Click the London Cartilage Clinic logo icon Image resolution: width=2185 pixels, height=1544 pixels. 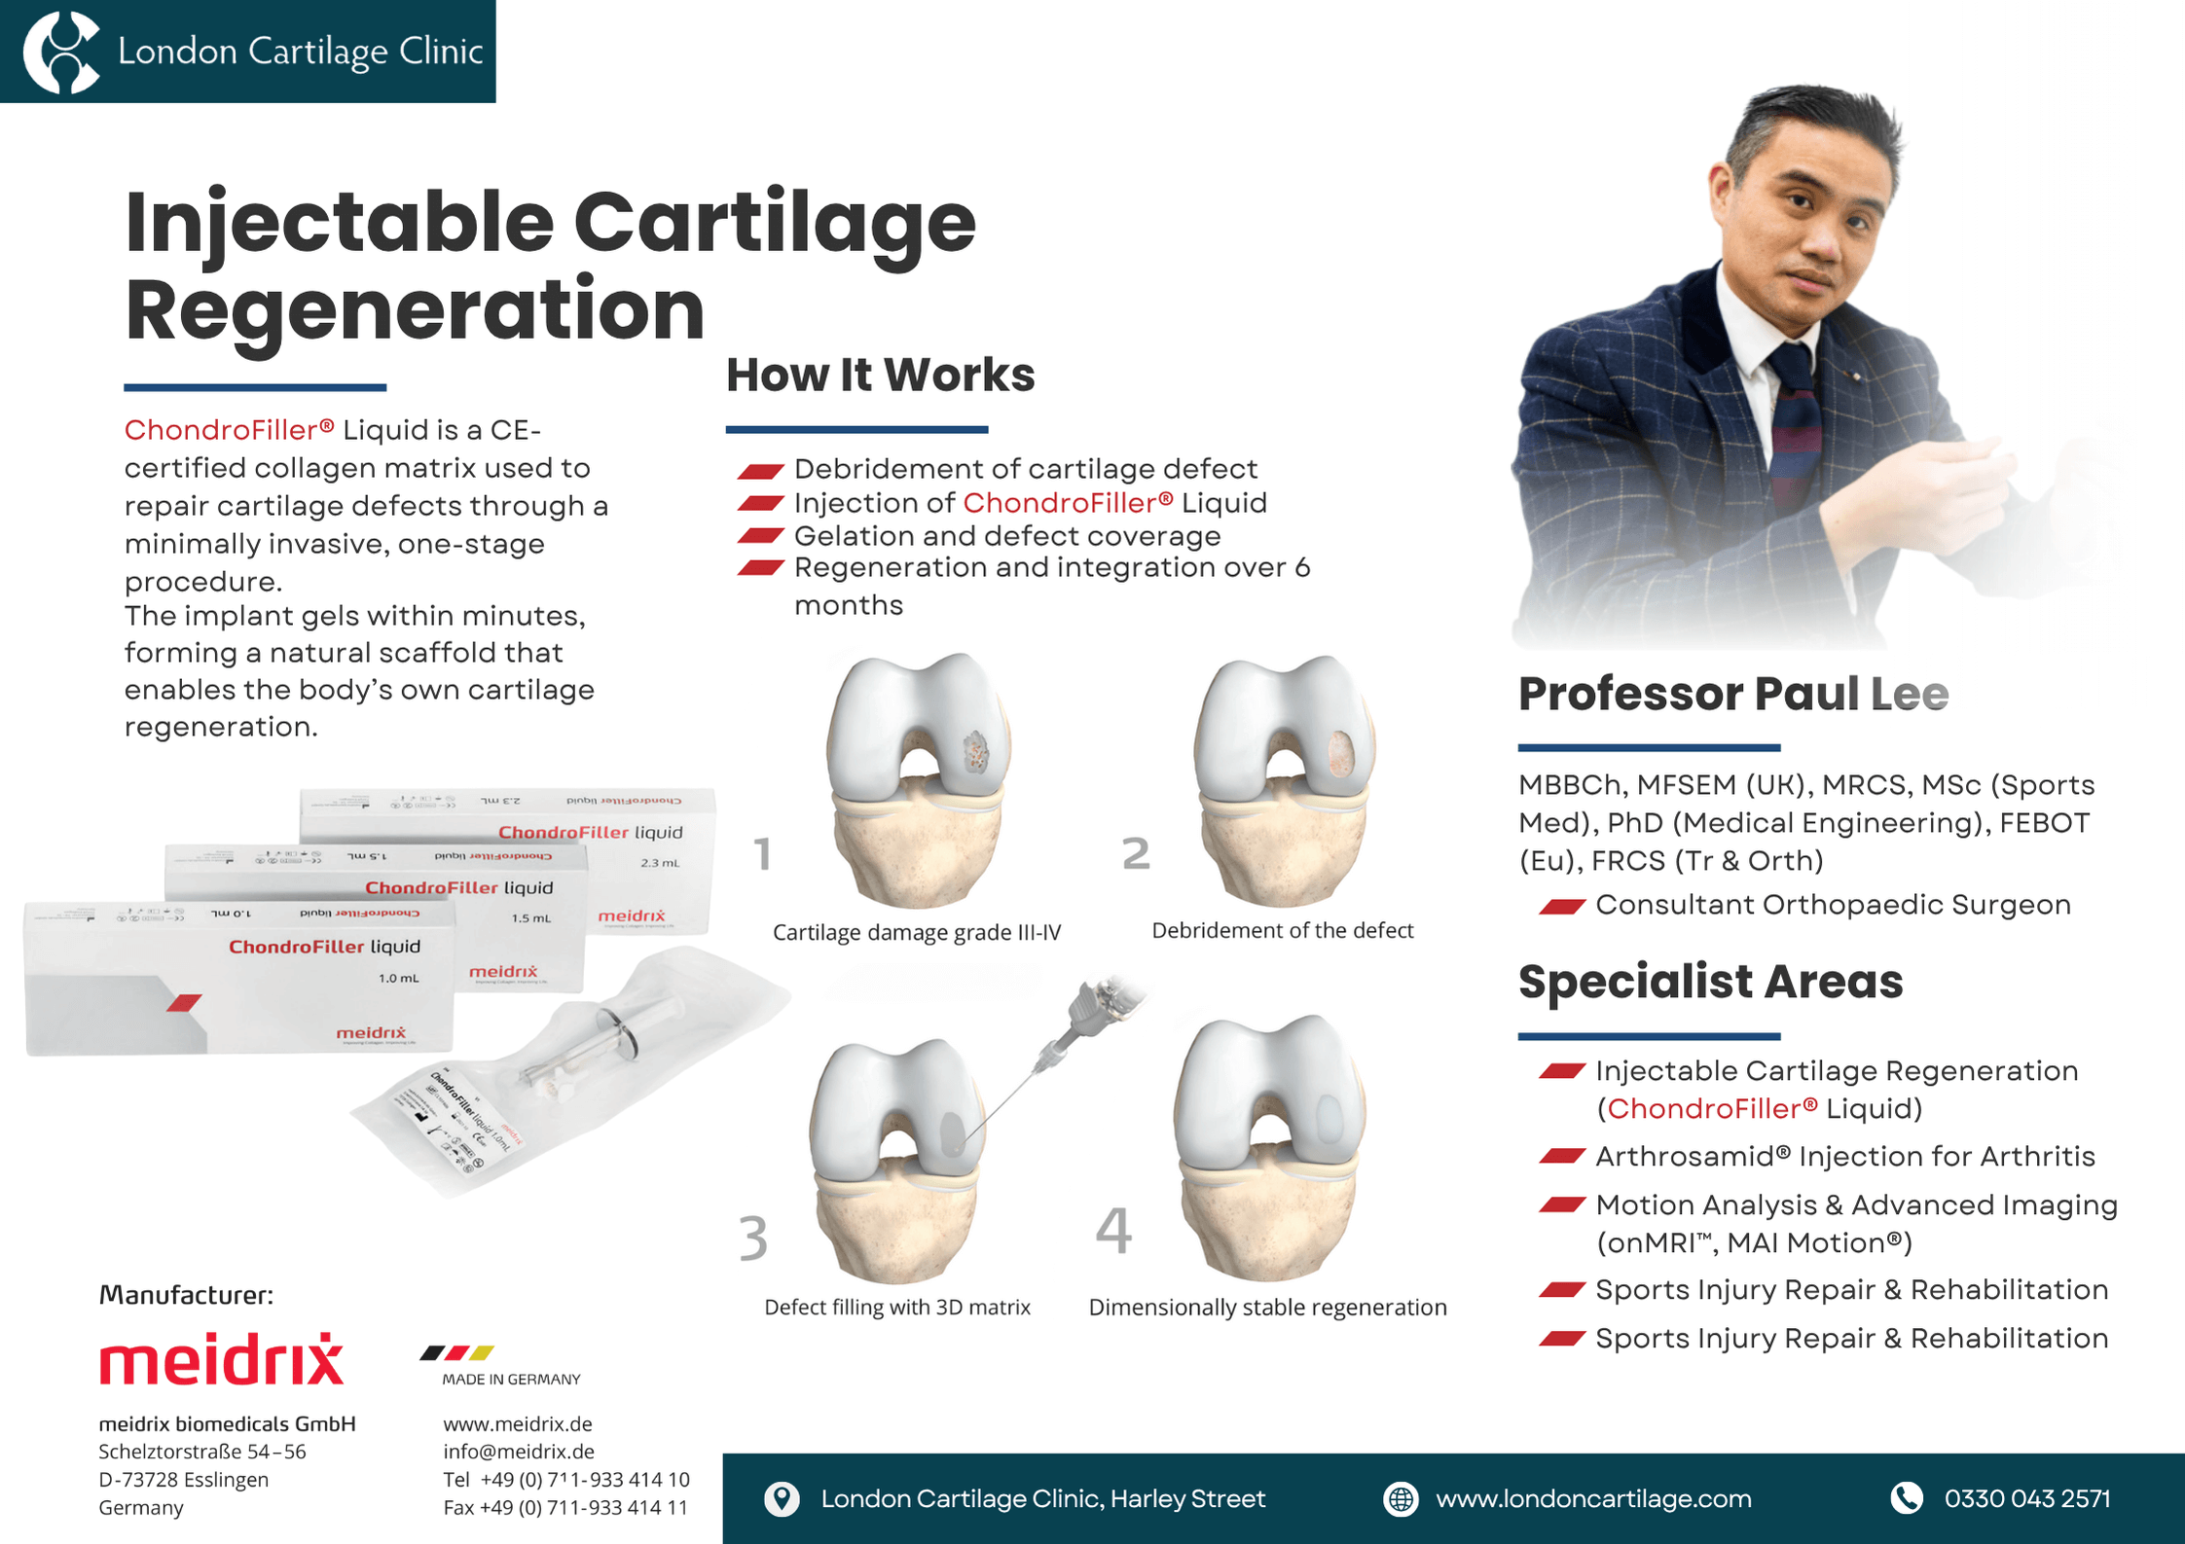[x=60, y=51]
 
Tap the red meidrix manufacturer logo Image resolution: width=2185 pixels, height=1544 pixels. [x=221, y=1359]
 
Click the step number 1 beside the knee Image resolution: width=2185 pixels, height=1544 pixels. [x=763, y=854]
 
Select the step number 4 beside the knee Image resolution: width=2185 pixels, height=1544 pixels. [x=1113, y=1231]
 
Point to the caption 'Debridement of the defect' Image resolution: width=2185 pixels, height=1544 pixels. [x=1282, y=930]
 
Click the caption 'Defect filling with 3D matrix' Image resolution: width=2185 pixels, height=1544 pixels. [x=896, y=1307]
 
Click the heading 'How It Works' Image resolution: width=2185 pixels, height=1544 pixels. [x=880, y=375]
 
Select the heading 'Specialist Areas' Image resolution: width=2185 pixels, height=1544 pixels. [x=1710, y=981]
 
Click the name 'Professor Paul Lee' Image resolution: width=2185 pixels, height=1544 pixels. [x=1732, y=694]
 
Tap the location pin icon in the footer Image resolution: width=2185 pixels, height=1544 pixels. [x=782, y=1498]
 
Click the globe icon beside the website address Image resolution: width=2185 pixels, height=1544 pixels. [x=1400, y=1498]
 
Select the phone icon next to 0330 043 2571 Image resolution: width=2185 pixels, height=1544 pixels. [x=1906, y=1498]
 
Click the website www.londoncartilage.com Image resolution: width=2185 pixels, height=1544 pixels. [x=1593, y=1498]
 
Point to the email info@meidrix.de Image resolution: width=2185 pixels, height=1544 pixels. [x=518, y=1452]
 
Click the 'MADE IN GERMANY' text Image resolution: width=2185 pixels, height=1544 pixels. [x=511, y=1379]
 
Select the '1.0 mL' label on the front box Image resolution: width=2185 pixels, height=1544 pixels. [x=398, y=978]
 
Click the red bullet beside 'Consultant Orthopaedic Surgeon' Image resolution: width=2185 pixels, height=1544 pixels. [x=1562, y=907]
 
